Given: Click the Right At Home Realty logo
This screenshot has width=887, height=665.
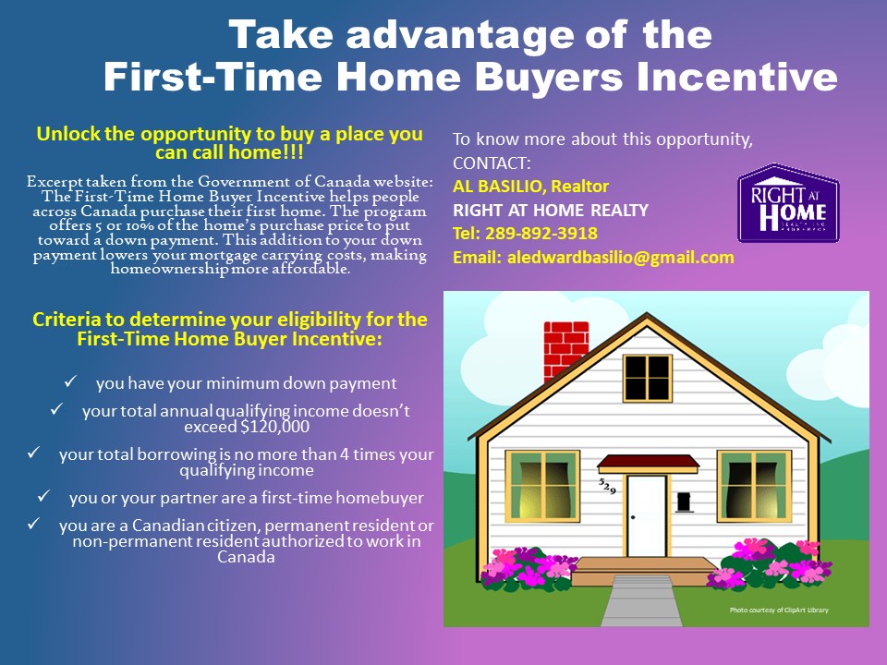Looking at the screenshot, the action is click(x=788, y=203).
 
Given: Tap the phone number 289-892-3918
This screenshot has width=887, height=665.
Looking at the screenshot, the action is click(x=541, y=233).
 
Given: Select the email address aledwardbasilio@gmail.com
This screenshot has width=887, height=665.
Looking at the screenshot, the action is click(x=621, y=258).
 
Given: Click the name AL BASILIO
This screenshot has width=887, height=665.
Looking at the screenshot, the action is click(x=498, y=186).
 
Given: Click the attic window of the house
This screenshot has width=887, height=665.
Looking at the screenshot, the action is click(x=647, y=378).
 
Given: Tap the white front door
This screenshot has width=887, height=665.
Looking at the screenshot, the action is click(x=647, y=515).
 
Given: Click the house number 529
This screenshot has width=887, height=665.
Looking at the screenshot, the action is click(x=607, y=486).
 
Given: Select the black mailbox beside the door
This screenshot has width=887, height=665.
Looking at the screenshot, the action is click(x=684, y=502).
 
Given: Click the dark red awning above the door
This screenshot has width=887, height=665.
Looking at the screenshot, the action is click(x=649, y=462).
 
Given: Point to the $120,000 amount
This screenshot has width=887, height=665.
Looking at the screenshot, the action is click(x=275, y=427).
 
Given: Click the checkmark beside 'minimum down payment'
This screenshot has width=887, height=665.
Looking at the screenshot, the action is click(x=70, y=381).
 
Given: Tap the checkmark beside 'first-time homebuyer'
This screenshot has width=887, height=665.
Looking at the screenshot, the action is click(x=43, y=496).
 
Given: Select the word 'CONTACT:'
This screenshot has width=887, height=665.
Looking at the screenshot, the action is click(x=492, y=163).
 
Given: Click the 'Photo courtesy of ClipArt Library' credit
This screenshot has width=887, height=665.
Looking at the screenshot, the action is click(x=779, y=610).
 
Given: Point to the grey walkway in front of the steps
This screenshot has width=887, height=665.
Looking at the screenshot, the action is click(x=641, y=600).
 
